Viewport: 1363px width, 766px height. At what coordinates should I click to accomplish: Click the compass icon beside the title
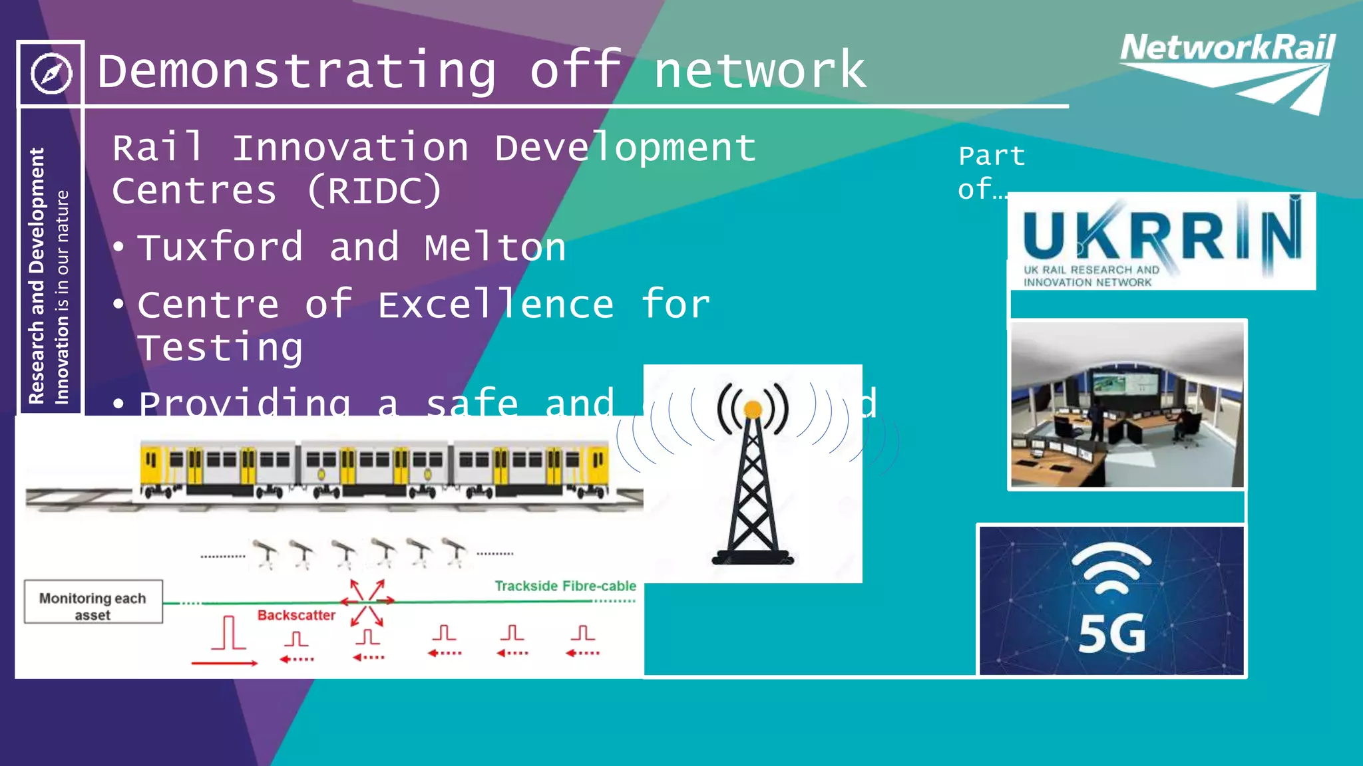click(x=51, y=73)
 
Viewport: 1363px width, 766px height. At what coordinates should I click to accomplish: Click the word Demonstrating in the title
click(x=297, y=70)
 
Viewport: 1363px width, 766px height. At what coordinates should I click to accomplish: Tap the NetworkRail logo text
click(x=1227, y=48)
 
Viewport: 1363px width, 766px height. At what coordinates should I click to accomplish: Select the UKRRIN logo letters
click(x=1161, y=235)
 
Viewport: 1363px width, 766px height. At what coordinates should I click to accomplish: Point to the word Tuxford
click(x=220, y=247)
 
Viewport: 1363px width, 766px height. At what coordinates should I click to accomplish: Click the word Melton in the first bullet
click(x=495, y=247)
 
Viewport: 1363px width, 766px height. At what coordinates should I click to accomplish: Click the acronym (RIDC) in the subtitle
click(x=374, y=191)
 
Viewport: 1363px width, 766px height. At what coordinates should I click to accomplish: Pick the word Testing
click(x=220, y=348)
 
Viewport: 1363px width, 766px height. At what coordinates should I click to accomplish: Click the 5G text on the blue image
click(x=1111, y=634)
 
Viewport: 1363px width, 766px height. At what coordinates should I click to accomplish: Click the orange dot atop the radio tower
click(x=753, y=409)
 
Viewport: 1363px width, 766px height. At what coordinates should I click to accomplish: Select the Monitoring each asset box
click(x=93, y=602)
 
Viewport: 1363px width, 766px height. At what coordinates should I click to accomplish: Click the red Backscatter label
click(x=296, y=615)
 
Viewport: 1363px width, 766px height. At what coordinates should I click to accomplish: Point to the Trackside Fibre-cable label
click(x=565, y=586)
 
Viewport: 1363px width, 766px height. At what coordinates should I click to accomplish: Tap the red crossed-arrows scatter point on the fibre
click(x=367, y=602)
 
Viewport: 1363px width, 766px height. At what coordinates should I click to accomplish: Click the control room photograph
click(x=1126, y=404)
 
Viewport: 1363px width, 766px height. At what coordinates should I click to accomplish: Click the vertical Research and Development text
click(x=37, y=275)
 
